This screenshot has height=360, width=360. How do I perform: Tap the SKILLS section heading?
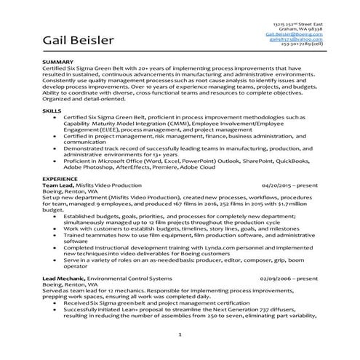point(52,110)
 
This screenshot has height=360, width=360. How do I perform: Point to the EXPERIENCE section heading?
point(60,177)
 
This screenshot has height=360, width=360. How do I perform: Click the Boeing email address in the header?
point(295,33)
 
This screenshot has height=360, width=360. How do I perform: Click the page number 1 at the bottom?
point(180,333)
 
